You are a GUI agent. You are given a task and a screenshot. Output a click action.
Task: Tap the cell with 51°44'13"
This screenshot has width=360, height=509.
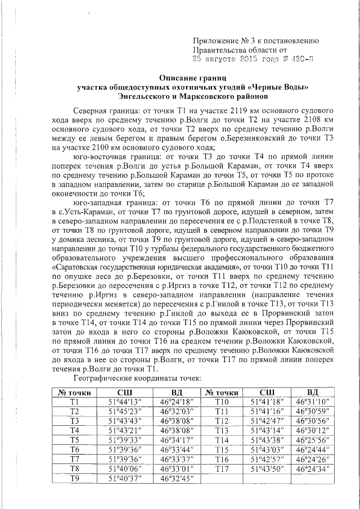(125, 402)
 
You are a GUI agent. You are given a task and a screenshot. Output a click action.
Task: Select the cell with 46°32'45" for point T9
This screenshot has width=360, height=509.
(177, 478)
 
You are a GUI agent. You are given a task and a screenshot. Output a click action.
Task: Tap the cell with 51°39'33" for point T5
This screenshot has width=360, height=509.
(125, 439)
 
